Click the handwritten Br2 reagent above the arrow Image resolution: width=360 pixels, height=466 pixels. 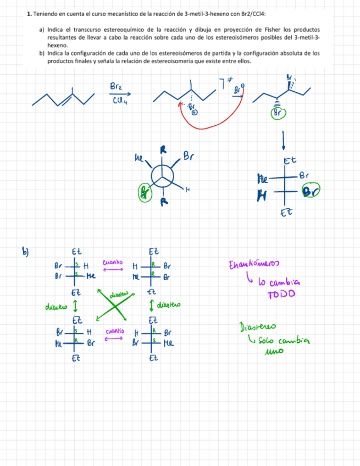[117, 87]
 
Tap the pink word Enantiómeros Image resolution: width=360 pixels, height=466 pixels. [253, 267]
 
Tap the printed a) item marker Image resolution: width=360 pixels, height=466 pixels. [42, 29]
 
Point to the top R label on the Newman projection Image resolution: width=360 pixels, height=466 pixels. [163, 150]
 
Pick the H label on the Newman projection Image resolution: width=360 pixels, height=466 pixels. [187, 190]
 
